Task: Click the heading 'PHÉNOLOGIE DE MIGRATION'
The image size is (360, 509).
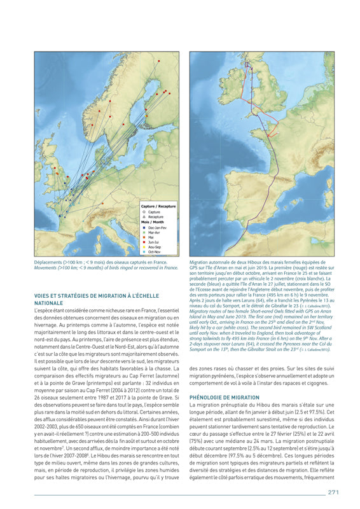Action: click(223, 397)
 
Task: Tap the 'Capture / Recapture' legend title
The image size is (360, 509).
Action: click(158, 207)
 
